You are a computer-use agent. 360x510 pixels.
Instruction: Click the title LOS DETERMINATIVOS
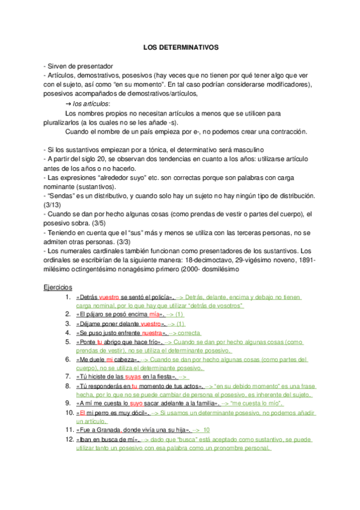coord(181,46)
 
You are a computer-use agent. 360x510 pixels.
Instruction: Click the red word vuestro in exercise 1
coord(109,297)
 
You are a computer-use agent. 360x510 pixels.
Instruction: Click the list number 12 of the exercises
coord(68,440)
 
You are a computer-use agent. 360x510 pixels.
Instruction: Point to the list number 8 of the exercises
coord(70,386)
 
